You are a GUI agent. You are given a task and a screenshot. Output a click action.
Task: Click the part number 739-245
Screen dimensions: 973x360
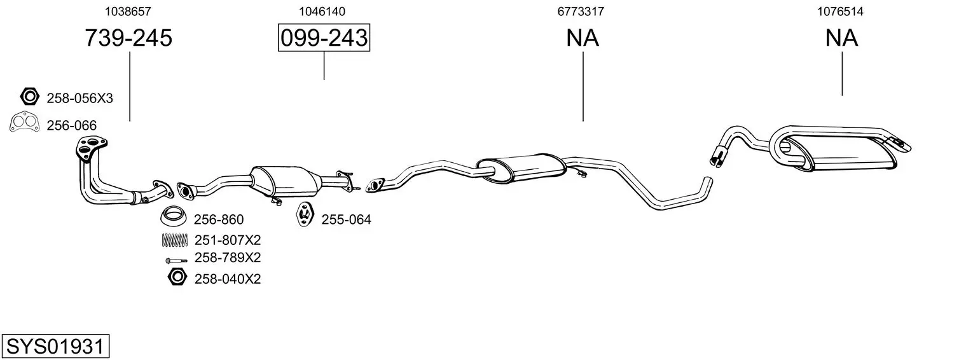tap(128, 38)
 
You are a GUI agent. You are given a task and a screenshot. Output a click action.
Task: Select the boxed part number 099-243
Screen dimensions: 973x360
tap(324, 38)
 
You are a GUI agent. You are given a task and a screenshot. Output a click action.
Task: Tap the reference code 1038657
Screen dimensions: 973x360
tap(128, 11)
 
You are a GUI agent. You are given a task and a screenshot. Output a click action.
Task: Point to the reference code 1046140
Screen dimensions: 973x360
tap(322, 11)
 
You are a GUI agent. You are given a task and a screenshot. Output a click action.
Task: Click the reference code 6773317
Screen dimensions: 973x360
tap(581, 11)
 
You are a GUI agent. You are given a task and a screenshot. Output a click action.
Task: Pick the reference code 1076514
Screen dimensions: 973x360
tap(840, 11)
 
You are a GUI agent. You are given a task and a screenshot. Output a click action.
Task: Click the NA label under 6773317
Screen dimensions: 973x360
tap(583, 38)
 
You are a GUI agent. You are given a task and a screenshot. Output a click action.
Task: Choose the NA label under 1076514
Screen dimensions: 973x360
tap(841, 38)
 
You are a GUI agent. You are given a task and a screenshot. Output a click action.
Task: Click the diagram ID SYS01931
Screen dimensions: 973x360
tap(55, 347)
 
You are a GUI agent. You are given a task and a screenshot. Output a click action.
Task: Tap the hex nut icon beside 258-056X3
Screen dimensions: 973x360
tap(29, 97)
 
